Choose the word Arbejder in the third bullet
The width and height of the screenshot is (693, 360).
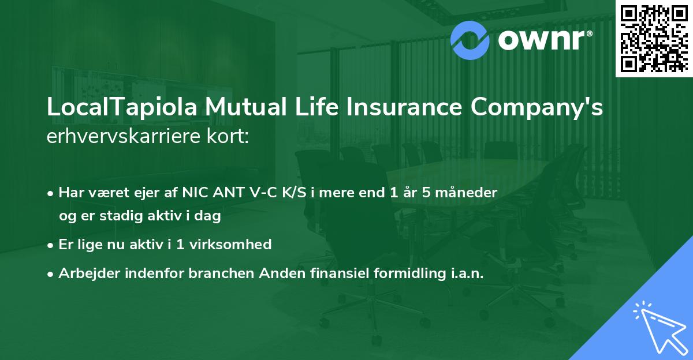pos(84,273)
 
